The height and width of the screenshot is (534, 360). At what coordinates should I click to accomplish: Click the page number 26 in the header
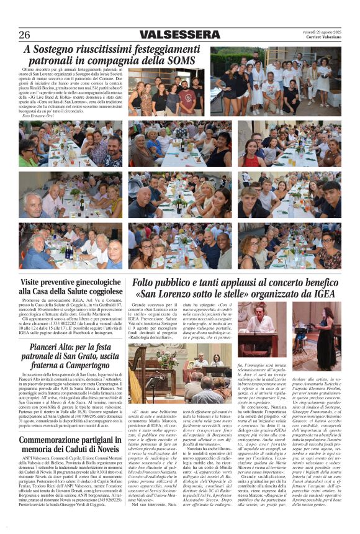tap(25, 35)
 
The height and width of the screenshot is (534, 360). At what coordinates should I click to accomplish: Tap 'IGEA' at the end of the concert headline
tap(326, 294)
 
